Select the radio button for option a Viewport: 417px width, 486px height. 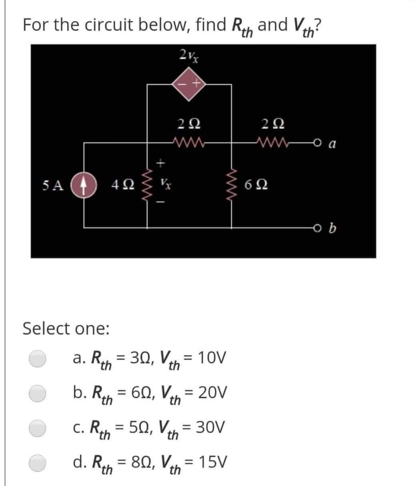pyautogui.click(x=39, y=358)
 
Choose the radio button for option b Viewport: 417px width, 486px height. pyautogui.click(x=39, y=393)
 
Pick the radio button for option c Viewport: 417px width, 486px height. pyautogui.click(x=39, y=428)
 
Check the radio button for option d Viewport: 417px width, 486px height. pyautogui.click(x=39, y=462)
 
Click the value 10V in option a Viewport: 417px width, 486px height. pyautogui.click(x=213, y=357)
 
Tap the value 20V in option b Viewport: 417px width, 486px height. pyautogui.click(x=213, y=392)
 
